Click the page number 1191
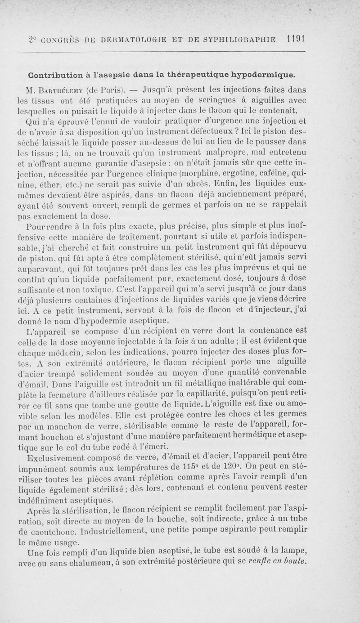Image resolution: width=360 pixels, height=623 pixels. click(295, 40)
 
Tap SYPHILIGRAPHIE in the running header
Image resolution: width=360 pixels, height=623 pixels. click(244, 40)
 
